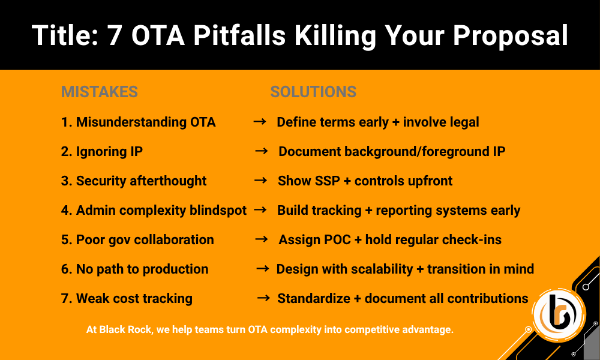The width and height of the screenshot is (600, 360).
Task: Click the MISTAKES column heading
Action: (x=100, y=92)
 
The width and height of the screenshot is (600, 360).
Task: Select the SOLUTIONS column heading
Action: (x=313, y=92)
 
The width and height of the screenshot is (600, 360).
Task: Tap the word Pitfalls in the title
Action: (x=239, y=35)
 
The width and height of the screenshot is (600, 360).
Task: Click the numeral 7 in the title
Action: (x=115, y=35)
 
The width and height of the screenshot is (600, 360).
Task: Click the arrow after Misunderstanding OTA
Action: (x=260, y=122)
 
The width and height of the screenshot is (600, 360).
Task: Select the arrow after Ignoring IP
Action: (x=262, y=151)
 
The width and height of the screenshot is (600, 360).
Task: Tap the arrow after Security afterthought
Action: (x=261, y=181)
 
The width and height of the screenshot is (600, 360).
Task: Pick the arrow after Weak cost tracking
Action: (x=263, y=298)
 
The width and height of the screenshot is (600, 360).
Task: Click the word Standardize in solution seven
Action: (x=314, y=298)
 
